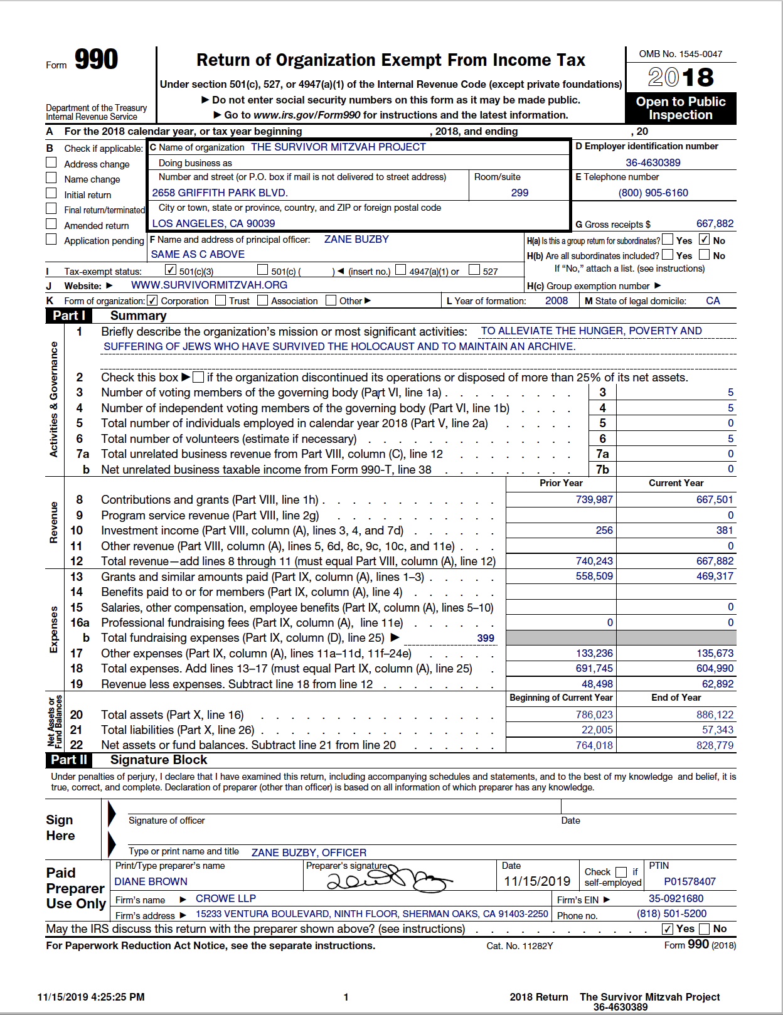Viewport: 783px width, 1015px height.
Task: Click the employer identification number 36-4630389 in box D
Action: (x=652, y=162)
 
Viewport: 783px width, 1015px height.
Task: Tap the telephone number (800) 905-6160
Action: (x=653, y=193)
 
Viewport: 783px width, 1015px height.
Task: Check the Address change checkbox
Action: (x=51, y=162)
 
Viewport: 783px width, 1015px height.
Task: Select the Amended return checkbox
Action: (x=51, y=224)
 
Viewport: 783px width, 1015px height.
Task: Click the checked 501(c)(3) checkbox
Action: (x=171, y=270)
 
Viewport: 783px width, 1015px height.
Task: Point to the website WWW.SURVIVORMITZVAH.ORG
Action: (x=209, y=285)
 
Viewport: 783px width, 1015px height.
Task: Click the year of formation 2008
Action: (x=557, y=300)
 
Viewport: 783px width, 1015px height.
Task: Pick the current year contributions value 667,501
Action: (x=715, y=499)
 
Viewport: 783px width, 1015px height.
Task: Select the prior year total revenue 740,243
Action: (x=594, y=561)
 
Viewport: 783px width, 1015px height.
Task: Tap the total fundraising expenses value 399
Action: (x=486, y=638)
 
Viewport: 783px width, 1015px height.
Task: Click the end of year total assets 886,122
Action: (x=715, y=715)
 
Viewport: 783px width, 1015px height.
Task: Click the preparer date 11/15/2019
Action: (x=537, y=881)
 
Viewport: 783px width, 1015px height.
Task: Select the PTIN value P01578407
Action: (x=690, y=881)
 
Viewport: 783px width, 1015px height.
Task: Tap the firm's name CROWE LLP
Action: (x=226, y=898)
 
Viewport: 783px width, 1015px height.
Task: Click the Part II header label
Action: (x=69, y=760)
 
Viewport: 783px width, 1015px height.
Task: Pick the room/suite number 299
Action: (x=519, y=193)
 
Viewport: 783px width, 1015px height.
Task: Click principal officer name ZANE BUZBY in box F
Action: (x=356, y=239)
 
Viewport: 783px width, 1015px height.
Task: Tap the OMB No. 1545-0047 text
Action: (x=680, y=54)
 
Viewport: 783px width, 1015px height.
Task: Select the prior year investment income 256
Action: (x=604, y=530)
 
